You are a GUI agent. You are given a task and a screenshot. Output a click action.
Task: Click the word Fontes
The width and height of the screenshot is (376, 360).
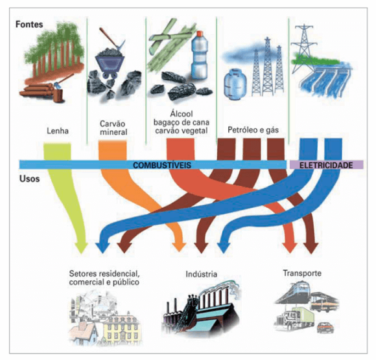click(29, 24)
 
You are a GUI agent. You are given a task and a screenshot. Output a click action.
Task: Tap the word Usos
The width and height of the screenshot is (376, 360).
click(29, 179)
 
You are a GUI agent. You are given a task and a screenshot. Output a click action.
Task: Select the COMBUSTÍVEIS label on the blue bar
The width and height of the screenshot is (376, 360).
click(162, 165)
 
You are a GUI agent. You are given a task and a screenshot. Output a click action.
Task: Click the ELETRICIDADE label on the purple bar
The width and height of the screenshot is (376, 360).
click(326, 165)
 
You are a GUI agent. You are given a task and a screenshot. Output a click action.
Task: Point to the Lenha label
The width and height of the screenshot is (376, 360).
click(58, 131)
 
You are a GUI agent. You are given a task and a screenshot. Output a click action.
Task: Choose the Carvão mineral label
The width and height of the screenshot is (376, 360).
click(113, 128)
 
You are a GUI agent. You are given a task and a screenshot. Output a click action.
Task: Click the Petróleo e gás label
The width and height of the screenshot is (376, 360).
click(253, 130)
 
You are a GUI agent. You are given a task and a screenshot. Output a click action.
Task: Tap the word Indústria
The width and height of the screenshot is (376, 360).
click(201, 274)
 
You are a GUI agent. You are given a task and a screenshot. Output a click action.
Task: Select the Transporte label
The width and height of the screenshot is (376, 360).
click(302, 273)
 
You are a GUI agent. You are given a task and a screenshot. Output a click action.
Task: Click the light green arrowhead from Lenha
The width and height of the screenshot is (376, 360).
click(81, 247)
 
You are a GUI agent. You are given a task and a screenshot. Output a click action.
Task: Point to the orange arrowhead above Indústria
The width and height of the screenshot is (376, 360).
click(179, 247)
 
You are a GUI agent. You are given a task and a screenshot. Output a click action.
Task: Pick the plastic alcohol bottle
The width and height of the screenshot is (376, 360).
click(200, 55)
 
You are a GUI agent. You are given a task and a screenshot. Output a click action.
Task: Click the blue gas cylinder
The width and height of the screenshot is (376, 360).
click(235, 84)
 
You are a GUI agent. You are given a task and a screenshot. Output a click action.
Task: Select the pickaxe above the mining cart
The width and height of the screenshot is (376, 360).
click(112, 39)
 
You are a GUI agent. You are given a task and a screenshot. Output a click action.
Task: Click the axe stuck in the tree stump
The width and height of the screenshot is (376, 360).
click(63, 81)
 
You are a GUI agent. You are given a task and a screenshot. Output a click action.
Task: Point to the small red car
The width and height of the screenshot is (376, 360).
click(325, 328)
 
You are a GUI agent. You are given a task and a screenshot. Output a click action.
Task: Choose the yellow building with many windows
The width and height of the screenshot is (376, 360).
click(122, 328)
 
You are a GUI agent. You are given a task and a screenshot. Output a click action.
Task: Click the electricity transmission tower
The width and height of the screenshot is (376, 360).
click(303, 48)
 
